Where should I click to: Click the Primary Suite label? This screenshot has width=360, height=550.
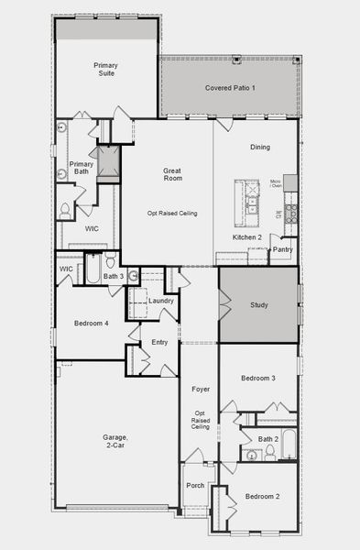point(106,71)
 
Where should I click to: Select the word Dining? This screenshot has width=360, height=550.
point(260,147)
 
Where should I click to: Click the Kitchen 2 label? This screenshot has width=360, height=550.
point(247,237)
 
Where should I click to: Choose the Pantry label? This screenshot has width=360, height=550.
point(282,248)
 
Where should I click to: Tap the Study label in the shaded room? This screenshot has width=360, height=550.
point(259,304)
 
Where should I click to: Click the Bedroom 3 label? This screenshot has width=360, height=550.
point(258,379)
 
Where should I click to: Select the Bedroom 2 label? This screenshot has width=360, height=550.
point(262,497)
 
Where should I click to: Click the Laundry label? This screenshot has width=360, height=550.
point(161,301)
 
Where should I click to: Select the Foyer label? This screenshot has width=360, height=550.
point(201,390)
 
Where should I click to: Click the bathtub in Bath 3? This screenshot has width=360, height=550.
point(93,273)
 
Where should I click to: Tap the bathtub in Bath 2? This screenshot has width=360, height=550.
point(288,443)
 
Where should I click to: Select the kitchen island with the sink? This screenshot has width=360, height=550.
point(246,198)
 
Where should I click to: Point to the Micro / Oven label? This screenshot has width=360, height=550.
point(276,184)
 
